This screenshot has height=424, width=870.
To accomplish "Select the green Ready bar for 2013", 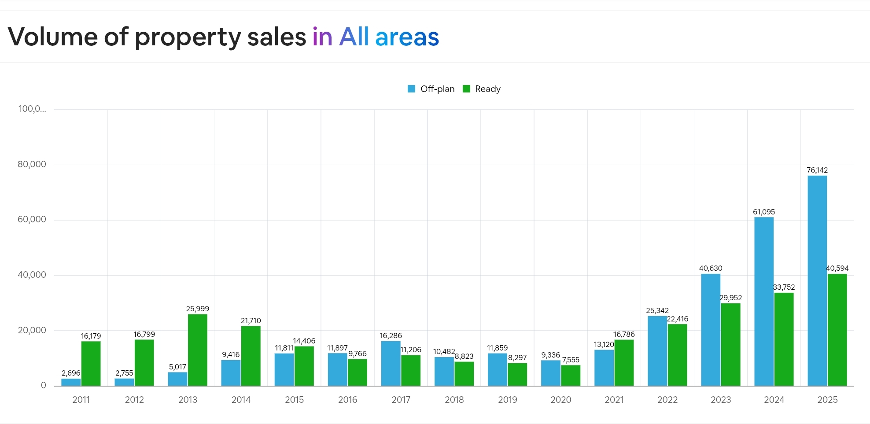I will coord(197,350).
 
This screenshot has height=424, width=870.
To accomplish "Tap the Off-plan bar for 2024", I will coord(764,302).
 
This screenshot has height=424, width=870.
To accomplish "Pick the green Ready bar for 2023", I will coord(731,345).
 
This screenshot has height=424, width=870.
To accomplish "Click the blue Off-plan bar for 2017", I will coord(391,364).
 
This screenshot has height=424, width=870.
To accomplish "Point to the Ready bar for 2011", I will coord(91,364).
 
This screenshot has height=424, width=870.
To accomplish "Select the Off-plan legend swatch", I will coord(412,89).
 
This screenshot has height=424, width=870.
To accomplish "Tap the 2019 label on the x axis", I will coord(507,400).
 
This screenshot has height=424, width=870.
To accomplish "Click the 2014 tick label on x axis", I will coord(241,400).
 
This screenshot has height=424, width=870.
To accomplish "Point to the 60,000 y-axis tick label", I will coord(32,219).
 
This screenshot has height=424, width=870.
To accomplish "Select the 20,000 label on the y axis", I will coord(32,330).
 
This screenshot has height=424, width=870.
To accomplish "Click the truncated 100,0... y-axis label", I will coord(32,109).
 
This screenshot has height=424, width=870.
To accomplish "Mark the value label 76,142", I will coord(817,170).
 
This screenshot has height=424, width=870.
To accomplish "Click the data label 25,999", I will coord(197,309).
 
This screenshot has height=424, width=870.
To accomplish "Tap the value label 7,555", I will coord(571,360).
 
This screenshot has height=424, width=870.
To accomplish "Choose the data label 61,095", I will coord(764,212).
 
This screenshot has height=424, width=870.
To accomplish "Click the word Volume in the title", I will coord(52,37).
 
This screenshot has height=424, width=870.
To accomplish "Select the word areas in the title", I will coord(407,37).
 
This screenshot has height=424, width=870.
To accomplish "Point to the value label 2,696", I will coord(71,373).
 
